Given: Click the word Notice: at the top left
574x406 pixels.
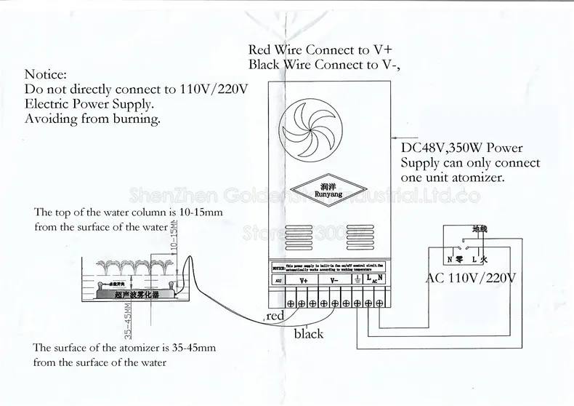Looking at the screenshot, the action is pos(46,74).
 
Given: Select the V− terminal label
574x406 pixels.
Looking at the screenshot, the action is pos(334,279).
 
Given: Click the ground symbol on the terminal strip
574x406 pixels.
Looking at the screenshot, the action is pos(357,277).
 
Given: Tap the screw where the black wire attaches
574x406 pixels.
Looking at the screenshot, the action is pos(332,301).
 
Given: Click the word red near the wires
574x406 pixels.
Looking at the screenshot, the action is pos(275,317).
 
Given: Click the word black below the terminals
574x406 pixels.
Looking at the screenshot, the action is pos(308,334).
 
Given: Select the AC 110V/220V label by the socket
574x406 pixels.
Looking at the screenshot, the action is pos(470,277).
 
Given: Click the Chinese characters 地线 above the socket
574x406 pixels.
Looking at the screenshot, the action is pos(481,228).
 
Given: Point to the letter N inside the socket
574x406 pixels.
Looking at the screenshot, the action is pos(450,258).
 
